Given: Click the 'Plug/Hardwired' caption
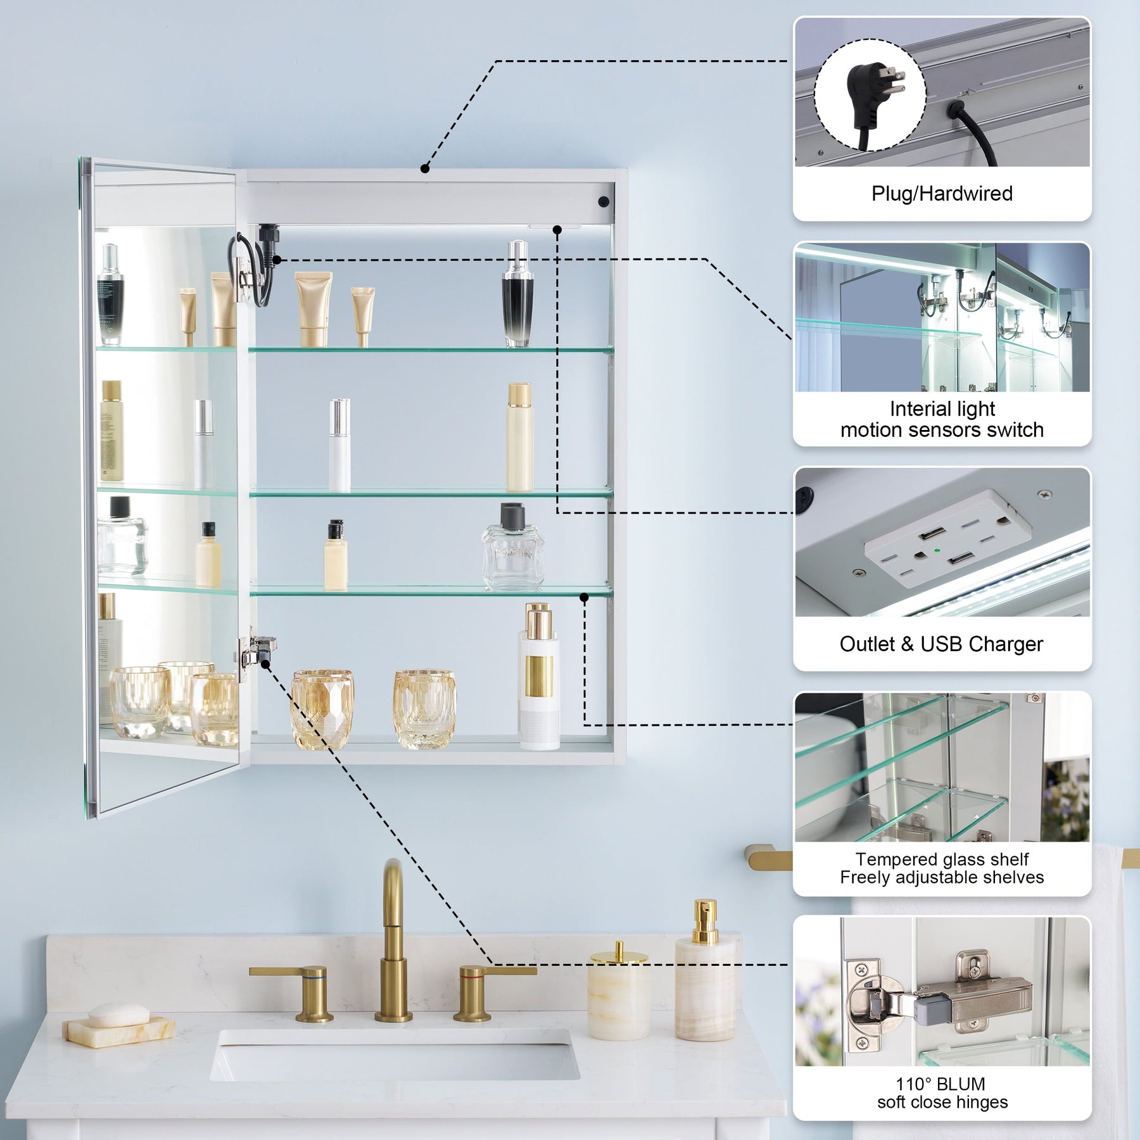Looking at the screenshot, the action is tap(942, 193).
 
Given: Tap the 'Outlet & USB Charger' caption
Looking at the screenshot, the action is tap(941, 643).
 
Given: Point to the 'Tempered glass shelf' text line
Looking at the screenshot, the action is tap(942, 859).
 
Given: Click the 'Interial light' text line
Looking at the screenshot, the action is tap(942, 409).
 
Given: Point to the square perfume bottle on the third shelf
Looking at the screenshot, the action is tap(512, 548).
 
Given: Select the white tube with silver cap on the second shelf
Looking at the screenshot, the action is tap(339, 445).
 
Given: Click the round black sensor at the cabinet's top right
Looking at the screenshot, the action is tap(603, 201).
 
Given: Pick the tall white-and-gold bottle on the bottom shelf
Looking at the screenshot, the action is tap(539, 677).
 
